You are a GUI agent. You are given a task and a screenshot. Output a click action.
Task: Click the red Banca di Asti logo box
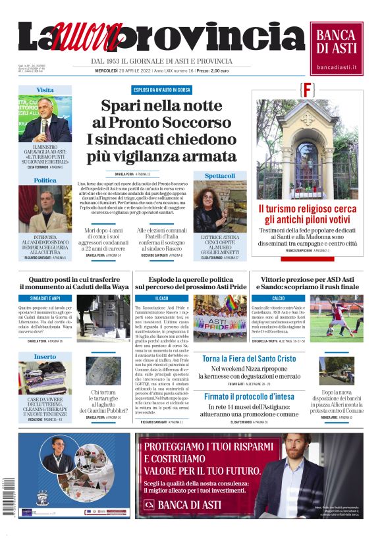[337, 48]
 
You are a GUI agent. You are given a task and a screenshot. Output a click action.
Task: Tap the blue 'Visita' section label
[45, 90]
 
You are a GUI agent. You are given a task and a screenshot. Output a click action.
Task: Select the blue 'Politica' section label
[45, 180]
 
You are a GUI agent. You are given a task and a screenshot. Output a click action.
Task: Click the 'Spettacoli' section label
[219, 176]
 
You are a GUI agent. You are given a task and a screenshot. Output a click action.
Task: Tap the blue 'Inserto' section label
[45, 356]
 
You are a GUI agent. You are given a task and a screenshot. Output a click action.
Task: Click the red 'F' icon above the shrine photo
[308, 89]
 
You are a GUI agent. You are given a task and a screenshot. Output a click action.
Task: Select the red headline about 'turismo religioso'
[307, 214]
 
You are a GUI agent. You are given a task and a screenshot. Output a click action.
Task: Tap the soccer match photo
[336, 318]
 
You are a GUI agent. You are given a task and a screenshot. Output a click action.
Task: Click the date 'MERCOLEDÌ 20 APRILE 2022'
[123, 70]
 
